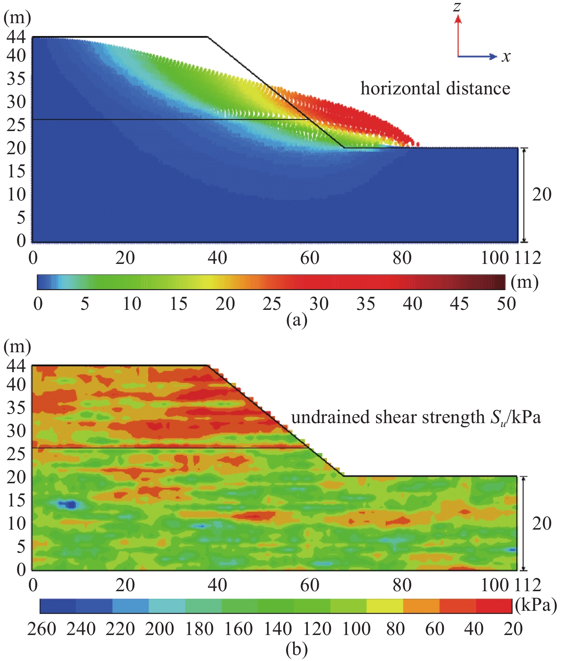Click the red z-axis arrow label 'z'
click(457, 7)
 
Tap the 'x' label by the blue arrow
click(506, 56)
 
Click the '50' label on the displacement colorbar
click(506, 304)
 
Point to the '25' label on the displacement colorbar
click(272, 304)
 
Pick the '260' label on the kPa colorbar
click(42, 629)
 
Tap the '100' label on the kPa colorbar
click(356, 629)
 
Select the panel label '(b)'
click(296, 649)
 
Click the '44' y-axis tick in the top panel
click(16, 37)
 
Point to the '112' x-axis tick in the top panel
click(528, 258)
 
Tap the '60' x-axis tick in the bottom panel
click(310, 585)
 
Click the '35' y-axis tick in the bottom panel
click(16, 407)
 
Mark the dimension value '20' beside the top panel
click(541, 194)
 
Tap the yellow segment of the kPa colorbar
click(385, 606)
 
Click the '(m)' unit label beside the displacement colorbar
click(524, 282)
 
